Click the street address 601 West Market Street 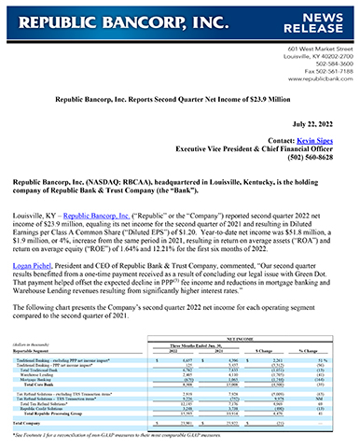click(312, 46)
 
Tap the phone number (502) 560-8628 click(320, 156)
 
